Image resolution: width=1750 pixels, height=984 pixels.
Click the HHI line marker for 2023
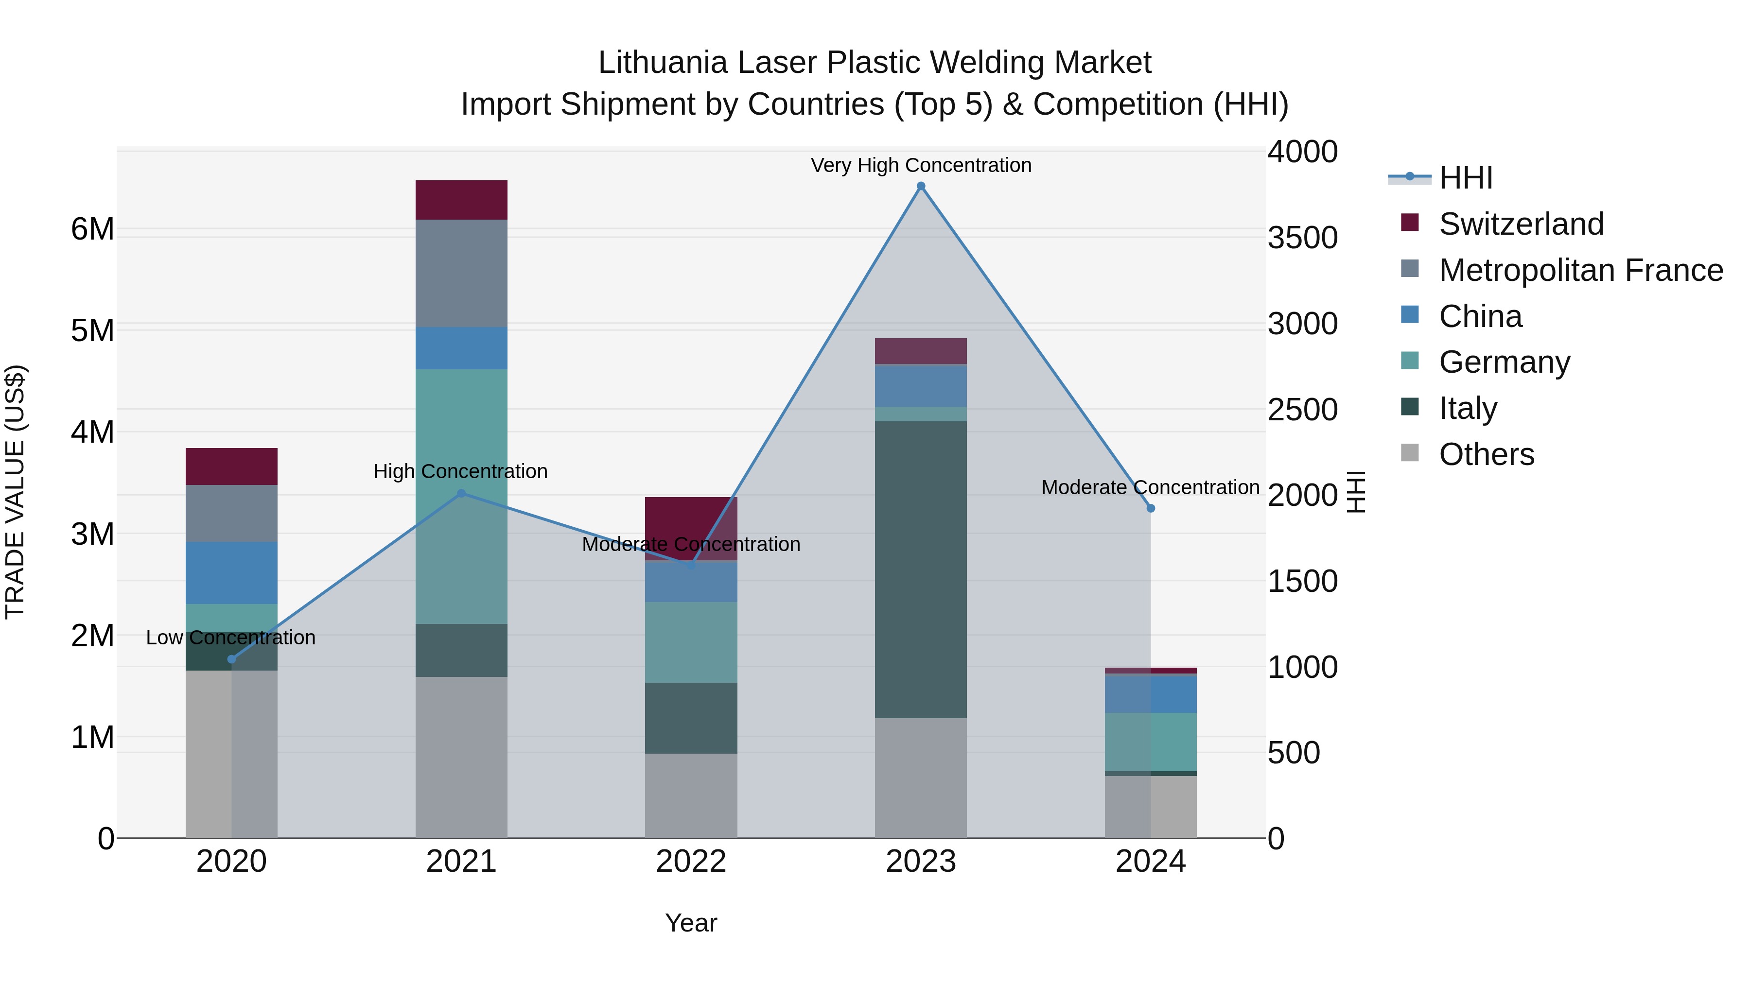921,186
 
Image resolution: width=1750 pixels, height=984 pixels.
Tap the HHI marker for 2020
232,659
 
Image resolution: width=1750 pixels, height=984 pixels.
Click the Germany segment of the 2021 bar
461,496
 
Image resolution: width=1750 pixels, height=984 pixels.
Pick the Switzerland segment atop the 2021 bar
461,200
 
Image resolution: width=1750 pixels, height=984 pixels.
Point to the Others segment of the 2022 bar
691,794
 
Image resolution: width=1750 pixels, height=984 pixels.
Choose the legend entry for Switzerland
1521,224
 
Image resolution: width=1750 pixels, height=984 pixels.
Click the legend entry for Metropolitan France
1580,270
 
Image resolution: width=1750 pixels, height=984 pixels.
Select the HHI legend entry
1465,178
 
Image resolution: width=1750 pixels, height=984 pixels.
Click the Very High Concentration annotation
921,165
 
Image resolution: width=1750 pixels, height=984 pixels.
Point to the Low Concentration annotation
230,638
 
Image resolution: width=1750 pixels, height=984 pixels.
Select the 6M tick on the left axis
92,229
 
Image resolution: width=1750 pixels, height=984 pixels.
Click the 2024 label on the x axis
1150,862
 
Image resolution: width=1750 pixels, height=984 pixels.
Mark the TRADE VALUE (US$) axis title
15,492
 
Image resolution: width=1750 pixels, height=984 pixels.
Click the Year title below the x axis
691,923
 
